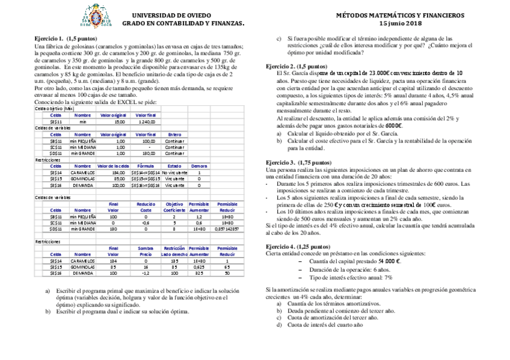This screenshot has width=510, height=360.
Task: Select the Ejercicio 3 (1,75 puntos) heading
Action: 298,162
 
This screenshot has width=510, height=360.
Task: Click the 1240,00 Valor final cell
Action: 146,121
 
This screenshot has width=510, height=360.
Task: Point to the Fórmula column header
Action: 146,166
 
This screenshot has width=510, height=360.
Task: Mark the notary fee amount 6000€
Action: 393,126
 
